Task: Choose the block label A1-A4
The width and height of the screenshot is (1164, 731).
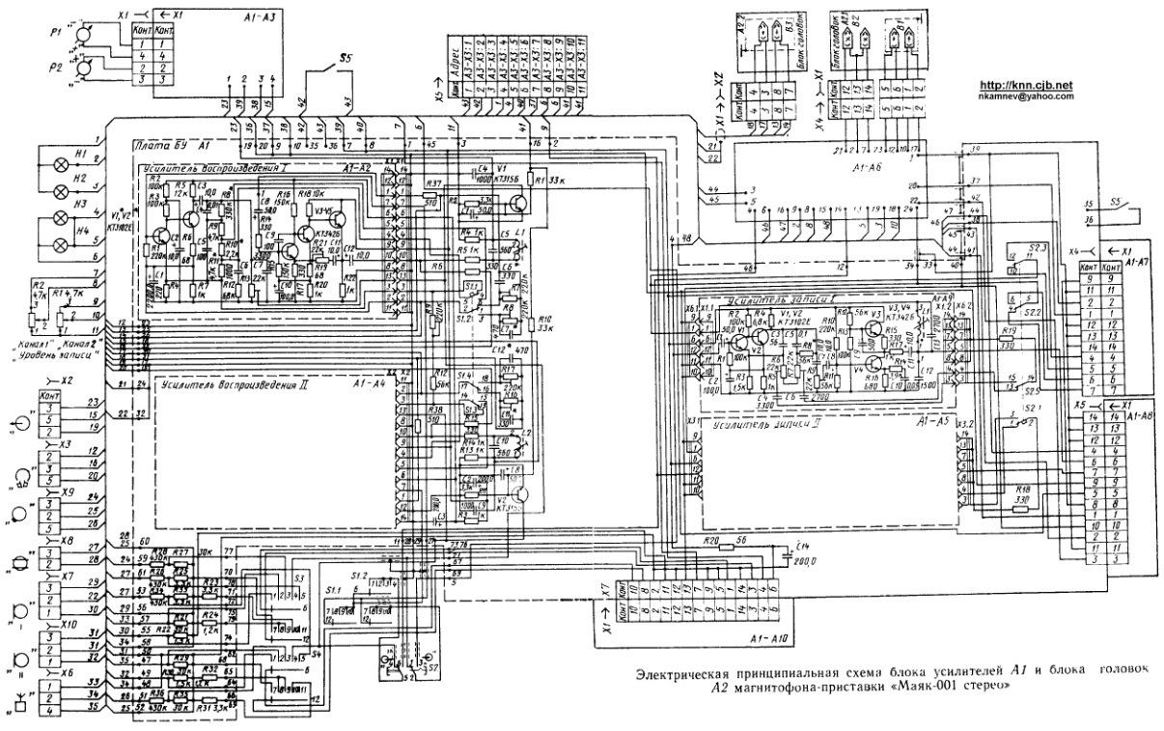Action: click(x=370, y=384)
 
